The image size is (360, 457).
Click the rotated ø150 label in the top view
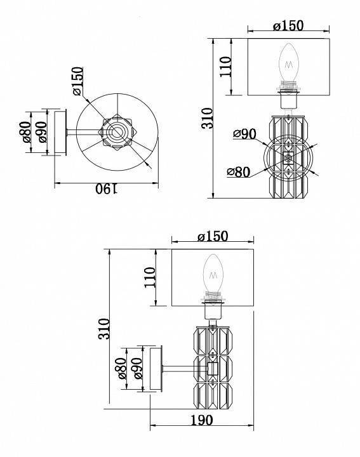[78, 81]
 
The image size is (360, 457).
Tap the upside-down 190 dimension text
[107, 189]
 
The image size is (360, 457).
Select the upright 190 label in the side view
[202, 420]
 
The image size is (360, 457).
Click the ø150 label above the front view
[288, 25]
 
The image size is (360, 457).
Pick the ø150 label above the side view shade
[213, 236]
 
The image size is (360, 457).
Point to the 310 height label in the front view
[208, 118]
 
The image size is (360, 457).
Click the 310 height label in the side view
[104, 329]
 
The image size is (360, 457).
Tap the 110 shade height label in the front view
[225, 67]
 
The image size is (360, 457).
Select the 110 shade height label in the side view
[150, 277]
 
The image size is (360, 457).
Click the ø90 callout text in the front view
[244, 134]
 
